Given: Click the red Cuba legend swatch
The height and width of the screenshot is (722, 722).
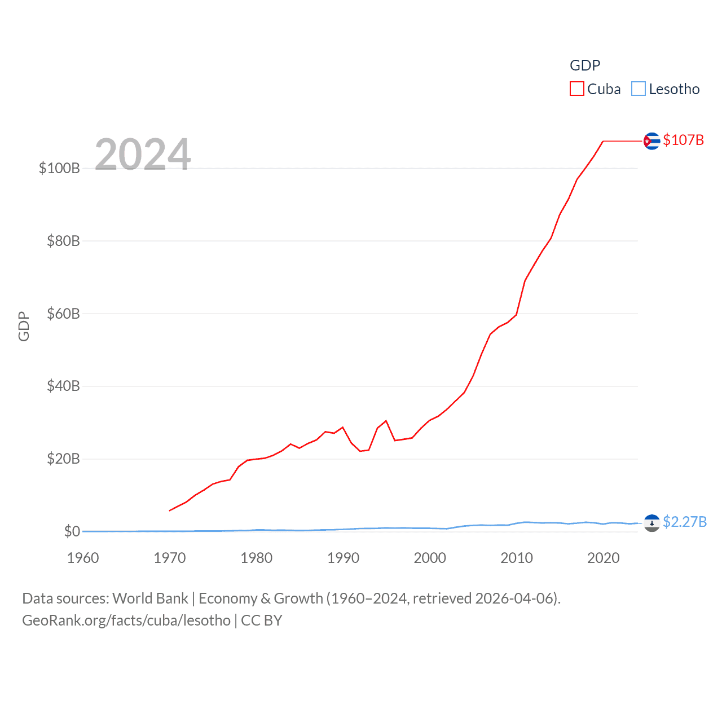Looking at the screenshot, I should (576, 89).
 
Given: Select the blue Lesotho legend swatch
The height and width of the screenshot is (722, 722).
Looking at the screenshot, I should (638, 89).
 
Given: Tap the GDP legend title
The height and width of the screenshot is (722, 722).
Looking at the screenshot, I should (585, 65).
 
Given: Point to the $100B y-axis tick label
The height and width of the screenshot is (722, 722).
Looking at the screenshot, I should (59, 168).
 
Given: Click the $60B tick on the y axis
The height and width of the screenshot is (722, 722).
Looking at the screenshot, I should (63, 314).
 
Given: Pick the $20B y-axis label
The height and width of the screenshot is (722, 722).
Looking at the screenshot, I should (63, 459).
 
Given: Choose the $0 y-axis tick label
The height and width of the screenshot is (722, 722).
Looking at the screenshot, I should (72, 531).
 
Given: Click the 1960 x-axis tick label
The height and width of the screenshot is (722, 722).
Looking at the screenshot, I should (83, 558).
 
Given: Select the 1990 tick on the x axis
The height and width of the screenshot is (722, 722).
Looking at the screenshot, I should (343, 558).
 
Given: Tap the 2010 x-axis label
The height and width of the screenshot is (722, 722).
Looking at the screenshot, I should (517, 558).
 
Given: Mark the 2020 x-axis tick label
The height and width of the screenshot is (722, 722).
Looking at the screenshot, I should (603, 558).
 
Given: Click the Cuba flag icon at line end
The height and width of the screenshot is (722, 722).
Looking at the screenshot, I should (651, 141).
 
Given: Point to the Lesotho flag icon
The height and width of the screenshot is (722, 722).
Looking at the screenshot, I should (651, 523).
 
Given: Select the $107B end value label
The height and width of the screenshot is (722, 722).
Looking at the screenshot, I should (684, 140).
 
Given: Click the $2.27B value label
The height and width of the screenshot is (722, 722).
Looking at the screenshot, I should (685, 522).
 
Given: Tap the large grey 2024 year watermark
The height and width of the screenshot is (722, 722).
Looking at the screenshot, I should (143, 155).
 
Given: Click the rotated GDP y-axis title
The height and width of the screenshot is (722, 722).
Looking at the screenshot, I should (24, 326).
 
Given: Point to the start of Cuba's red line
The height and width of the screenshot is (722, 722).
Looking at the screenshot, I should (170, 510).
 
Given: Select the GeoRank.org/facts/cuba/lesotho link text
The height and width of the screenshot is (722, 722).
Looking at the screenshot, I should (126, 620).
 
